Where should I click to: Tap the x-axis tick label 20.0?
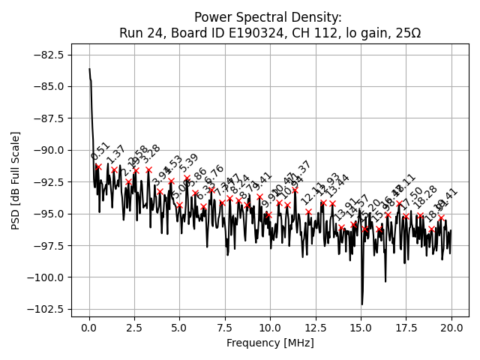451,328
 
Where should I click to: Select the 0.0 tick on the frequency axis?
89,328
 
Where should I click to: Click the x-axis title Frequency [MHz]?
270,343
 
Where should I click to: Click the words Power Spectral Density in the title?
268,17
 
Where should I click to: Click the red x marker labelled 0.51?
98,166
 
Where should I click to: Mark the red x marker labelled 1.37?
114,170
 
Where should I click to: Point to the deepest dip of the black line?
361,304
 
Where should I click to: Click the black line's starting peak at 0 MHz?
89,69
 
